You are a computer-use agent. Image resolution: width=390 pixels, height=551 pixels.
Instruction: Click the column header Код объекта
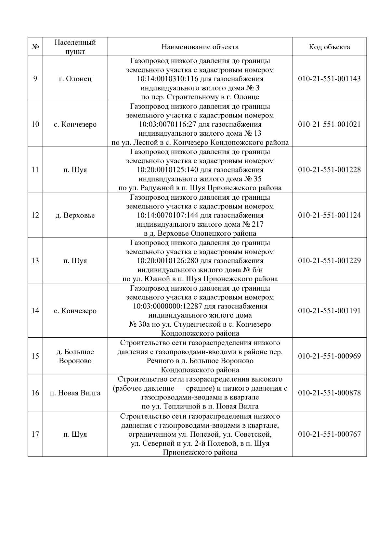(x=329, y=47)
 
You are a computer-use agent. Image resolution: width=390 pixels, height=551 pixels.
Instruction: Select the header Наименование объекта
(x=200, y=47)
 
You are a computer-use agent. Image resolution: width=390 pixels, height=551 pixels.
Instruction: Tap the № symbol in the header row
(x=35, y=47)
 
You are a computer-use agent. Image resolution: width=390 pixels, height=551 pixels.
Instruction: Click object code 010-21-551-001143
(x=329, y=79)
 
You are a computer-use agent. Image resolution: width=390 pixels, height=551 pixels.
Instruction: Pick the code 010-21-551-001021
(x=329, y=124)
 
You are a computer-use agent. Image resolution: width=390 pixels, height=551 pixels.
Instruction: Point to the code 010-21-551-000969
(x=329, y=356)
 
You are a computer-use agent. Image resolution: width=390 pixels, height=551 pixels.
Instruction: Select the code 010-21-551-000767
(x=329, y=434)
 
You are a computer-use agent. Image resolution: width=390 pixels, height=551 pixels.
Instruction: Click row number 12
(x=35, y=215)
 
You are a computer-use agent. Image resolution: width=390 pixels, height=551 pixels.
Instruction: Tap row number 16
(x=35, y=393)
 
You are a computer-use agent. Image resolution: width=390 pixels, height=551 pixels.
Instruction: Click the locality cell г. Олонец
(x=75, y=79)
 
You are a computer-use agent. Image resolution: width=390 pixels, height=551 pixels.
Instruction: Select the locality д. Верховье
(x=75, y=215)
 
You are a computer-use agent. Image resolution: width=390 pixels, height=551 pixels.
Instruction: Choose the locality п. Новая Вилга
(x=75, y=393)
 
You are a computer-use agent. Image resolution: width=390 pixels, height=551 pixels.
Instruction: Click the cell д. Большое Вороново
(x=75, y=356)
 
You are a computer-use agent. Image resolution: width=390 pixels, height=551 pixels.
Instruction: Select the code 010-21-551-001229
(x=329, y=261)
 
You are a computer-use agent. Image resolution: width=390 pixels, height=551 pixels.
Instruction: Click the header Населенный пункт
(x=75, y=47)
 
